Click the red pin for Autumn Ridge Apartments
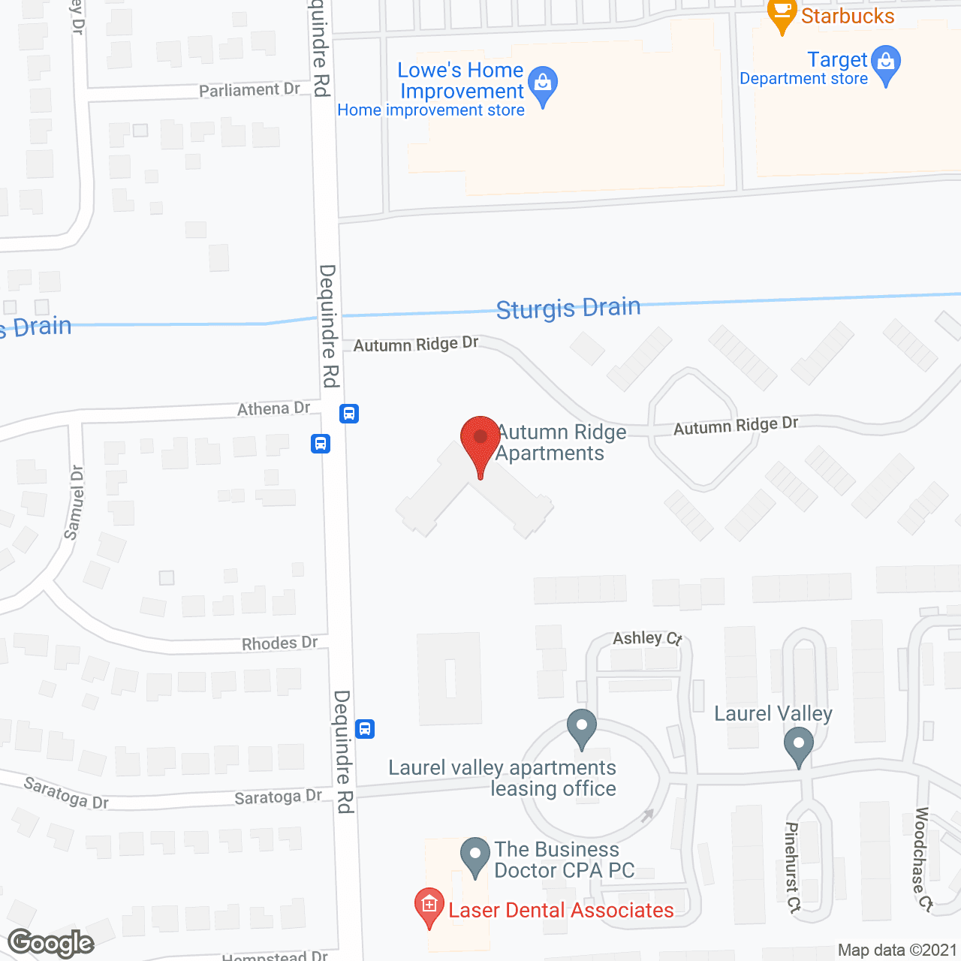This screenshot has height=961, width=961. tap(480, 438)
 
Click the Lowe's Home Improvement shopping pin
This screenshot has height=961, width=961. tap(542, 84)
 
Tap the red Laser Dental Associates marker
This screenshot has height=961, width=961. tap(429, 906)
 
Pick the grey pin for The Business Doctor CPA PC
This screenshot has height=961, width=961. tap(474, 856)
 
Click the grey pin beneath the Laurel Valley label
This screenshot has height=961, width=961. tap(798, 747)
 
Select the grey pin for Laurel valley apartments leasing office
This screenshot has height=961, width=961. tap(582, 728)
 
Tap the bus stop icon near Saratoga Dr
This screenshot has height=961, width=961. tap(365, 728)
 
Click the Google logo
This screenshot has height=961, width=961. tap(51, 943)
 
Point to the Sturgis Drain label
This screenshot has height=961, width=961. tap(568, 308)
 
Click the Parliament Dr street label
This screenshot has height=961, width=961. tap(249, 89)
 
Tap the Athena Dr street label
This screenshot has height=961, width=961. tap(273, 408)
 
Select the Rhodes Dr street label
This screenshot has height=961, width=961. tap(279, 643)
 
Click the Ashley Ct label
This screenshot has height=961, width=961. tap(647, 638)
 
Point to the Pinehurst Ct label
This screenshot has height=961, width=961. tap(793, 866)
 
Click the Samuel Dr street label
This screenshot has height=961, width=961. tap(74, 502)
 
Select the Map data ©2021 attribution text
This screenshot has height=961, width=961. tap(897, 950)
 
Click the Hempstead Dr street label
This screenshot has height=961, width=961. tap(275, 956)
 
